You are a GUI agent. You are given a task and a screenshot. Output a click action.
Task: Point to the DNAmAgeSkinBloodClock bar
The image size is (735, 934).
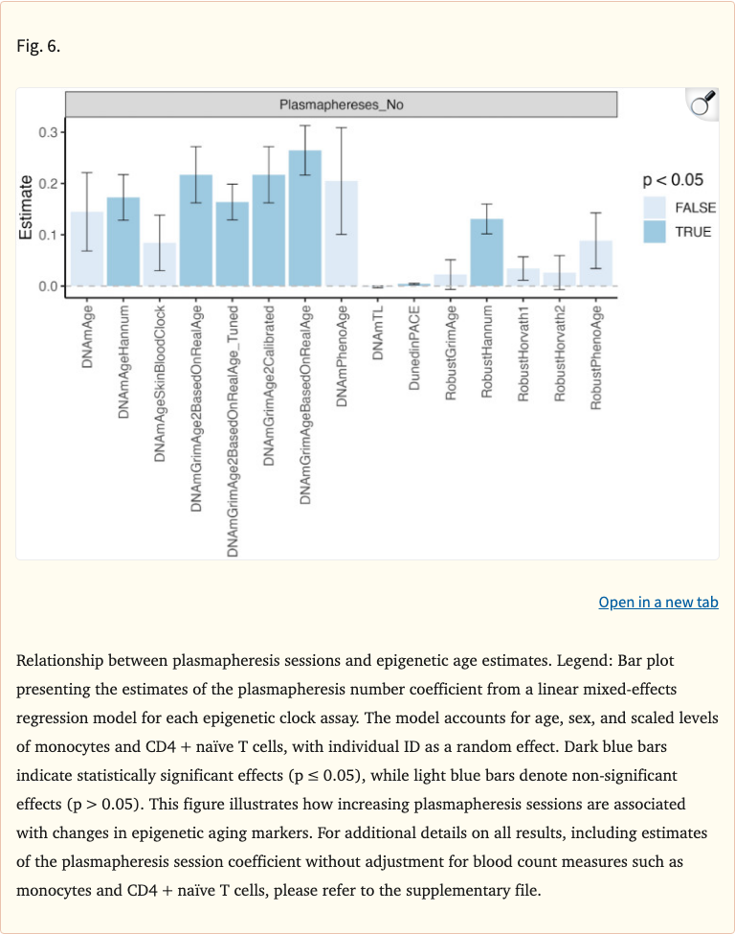pos(159,264)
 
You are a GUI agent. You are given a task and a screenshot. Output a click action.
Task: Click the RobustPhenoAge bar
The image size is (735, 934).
pos(595,262)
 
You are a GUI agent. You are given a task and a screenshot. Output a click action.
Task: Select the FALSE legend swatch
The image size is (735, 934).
pos(655,208)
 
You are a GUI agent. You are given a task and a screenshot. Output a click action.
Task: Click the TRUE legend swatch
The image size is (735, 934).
pos(655,232)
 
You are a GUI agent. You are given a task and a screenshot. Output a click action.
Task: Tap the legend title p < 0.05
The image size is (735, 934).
pos(673,179)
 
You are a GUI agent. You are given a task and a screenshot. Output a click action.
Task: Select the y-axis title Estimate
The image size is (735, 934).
pos(28,205)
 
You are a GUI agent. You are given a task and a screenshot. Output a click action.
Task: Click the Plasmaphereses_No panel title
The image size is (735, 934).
pos(341,104)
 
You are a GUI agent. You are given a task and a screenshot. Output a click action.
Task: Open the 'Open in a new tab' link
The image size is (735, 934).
pos(657,602)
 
